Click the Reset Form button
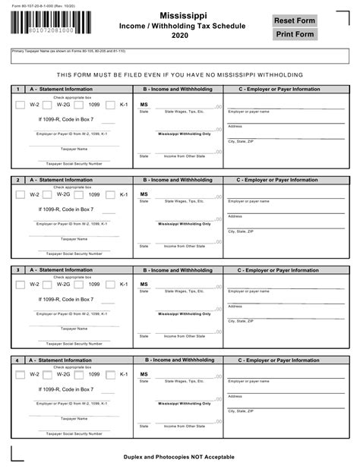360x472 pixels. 295,20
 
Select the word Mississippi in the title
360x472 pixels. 180,16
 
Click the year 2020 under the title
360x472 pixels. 180,36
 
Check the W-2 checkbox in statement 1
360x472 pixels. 21,105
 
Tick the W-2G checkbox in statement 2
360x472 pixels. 49,195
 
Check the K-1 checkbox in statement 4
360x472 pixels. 111,374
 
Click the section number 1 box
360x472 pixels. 17,90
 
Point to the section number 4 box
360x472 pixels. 17,360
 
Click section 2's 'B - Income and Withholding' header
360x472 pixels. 178,180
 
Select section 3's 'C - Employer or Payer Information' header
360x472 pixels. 278,270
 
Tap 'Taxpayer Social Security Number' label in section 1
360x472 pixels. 74,163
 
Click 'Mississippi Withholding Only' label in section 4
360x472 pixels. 185,403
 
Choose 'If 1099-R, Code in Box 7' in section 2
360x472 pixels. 66,209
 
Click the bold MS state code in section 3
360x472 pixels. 144,285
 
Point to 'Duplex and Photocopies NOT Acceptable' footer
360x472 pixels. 179,457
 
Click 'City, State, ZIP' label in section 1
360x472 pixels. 241,141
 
